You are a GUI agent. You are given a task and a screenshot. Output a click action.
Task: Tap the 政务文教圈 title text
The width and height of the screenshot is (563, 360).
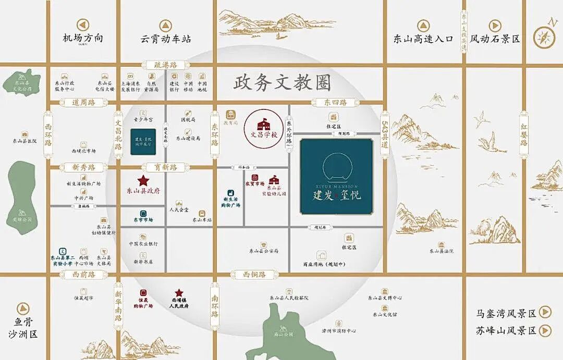(x=283, y=82)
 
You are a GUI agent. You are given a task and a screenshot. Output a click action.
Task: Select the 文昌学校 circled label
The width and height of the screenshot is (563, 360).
(x=264, y=127)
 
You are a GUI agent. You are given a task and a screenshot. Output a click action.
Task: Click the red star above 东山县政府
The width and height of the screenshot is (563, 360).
(x=143, y=181)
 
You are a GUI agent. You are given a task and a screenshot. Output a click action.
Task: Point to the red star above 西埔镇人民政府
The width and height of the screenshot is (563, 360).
(x=179, y=293)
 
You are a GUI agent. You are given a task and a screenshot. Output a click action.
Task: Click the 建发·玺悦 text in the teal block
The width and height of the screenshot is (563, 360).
(x=336, y=196)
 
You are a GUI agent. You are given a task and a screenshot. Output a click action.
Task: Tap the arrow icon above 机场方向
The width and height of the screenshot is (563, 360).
(x=83, y=25)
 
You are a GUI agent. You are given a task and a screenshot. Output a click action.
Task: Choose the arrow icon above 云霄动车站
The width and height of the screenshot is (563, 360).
(x=165, y=25)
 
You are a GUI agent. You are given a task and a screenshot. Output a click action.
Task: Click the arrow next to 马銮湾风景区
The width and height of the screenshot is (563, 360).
(x=545, y=313)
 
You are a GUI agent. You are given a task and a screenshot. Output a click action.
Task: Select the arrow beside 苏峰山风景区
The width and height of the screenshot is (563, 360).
(x=545, y=330)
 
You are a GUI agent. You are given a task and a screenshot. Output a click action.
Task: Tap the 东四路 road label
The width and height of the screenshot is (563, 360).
(x=336, y=103)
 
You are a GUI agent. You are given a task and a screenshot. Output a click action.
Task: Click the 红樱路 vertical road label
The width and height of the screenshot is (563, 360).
(x=524, y=135)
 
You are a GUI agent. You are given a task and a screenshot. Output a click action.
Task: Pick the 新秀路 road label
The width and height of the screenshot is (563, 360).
(x=80, y=167)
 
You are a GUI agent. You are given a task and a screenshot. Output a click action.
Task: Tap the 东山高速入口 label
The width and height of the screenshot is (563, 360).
(x=423, y=39)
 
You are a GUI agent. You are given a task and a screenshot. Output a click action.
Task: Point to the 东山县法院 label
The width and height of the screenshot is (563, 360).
(x=442, y=251)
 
